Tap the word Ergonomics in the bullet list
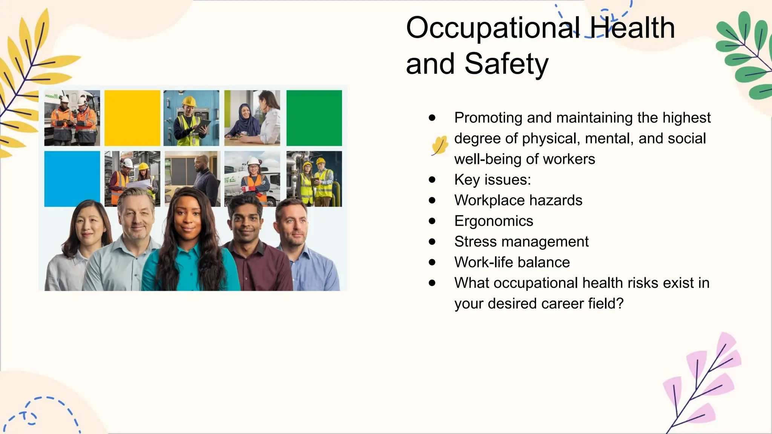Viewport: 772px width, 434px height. [493, 221]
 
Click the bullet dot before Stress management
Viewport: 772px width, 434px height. [432, 242]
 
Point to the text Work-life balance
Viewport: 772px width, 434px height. [512, 262]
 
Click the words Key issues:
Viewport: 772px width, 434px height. [492, 180]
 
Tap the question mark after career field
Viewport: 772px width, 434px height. [620, 304]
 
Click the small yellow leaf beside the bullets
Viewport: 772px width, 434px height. [440, 145]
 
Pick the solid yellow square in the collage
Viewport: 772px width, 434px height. [132, 118]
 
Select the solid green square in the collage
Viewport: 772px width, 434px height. [314, 118]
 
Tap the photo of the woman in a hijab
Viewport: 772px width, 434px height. [252, 118]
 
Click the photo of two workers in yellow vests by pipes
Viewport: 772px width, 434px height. [314, 179]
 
